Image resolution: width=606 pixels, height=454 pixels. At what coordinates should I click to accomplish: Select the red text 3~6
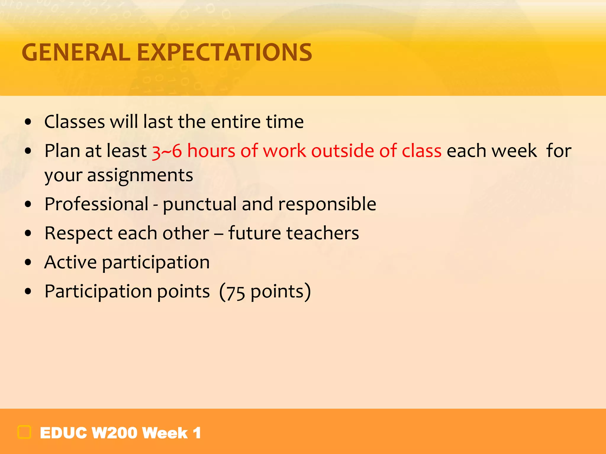point(167,151)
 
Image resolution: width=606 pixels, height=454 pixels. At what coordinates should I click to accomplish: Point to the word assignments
point(140,175)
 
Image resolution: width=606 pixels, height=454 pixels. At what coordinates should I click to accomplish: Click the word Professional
point(96,204)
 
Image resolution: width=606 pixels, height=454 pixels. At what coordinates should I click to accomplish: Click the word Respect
point(78,233)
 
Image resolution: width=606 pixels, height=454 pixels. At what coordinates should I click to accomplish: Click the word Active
point(70,262)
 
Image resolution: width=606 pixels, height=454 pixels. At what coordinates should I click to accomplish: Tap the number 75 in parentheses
point(236,292)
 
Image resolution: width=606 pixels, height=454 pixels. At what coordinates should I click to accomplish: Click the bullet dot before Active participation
point(28,262)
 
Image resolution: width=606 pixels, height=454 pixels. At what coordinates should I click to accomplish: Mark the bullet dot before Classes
point(28,122)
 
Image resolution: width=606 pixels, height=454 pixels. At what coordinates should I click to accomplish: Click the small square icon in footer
point(24,432)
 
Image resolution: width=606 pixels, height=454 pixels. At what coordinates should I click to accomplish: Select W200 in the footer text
point(114,433)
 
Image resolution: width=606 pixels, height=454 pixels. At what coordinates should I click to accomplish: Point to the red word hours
point(211,151)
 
